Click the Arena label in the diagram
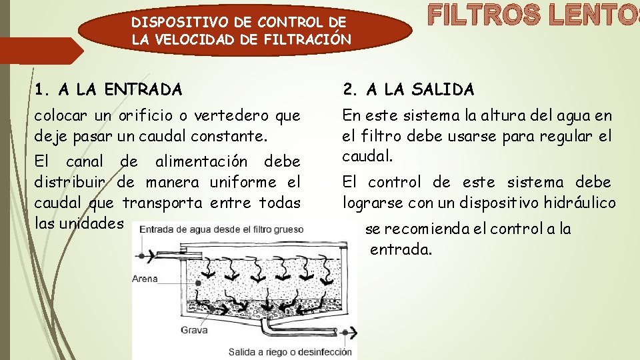point(145,279)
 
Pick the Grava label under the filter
point(194,330)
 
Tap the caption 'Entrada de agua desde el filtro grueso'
point(221,230)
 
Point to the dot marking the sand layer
point(199,284)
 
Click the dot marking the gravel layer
point(197,312)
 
